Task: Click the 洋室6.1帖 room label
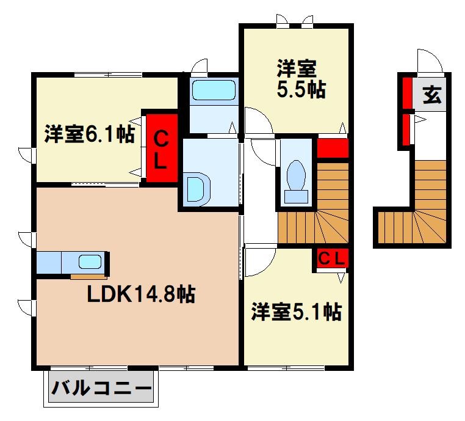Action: point(89,135)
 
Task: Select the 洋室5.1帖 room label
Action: point(296,312)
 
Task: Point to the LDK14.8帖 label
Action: point(141,295)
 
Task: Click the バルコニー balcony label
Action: point(101,388)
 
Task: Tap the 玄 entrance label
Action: point(432,96)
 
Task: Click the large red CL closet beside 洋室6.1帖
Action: point(160,148)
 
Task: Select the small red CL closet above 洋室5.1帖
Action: point(331,259)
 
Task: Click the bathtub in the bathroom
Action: point(214,91)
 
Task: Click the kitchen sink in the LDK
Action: point(90,262)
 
